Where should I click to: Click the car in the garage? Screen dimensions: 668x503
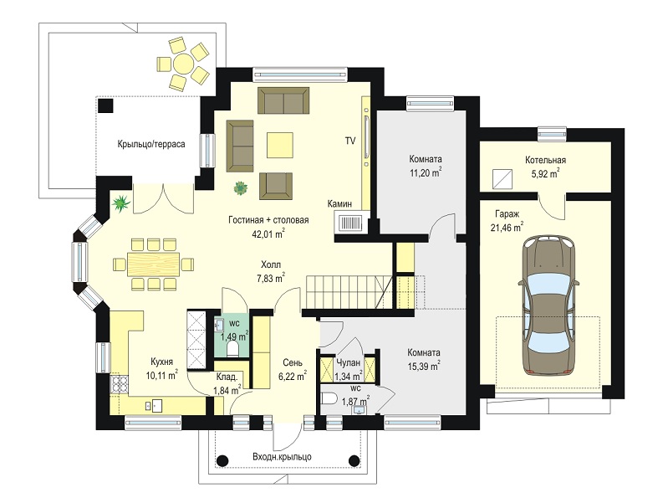548,305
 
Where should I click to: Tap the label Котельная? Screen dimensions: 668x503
545,161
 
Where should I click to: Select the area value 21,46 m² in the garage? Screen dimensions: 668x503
507,228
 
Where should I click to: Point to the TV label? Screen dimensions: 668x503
350,141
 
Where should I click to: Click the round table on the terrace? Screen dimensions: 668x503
183,64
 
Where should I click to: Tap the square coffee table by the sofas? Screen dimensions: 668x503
280,145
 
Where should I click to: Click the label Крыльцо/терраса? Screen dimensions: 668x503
151,144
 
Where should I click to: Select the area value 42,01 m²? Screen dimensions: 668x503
269,234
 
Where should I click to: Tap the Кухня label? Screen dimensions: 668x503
161,362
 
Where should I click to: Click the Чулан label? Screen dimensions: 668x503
349,362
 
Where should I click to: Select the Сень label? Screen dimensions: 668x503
293,362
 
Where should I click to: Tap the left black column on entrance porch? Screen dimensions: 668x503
222,461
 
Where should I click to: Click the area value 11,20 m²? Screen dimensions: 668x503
426,172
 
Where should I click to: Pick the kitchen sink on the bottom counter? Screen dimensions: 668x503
153,405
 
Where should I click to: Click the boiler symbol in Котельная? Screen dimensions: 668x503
501,179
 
